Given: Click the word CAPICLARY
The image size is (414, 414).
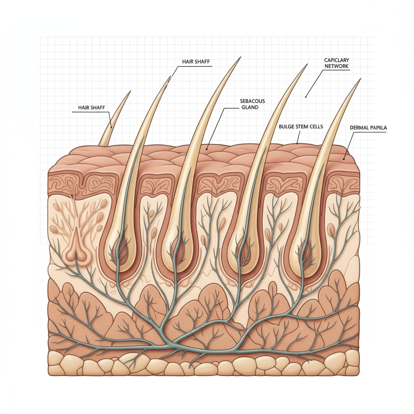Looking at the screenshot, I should pos(336,60).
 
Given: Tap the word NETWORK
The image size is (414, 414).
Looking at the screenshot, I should pos(336,66).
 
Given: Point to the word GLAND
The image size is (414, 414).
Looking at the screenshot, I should pos(249,108).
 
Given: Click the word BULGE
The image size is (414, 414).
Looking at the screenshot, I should pos(287,127).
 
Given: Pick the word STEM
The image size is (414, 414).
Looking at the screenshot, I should pos(303,127).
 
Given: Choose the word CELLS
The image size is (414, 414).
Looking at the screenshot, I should pos(317,127).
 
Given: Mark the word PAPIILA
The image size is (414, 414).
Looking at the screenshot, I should pos(377,128).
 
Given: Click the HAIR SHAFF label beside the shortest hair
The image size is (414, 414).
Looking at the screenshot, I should pos(91,108).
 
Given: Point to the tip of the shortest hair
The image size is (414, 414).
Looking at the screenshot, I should pos(130,91).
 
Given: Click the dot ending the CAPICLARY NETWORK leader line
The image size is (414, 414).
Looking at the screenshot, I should pos(306,97).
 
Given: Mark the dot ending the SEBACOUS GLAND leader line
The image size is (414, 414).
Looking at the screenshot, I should pos(207,149).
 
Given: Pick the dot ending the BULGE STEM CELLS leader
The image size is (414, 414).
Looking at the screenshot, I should pos(297,143).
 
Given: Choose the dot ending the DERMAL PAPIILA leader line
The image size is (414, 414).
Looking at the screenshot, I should pos(343,159).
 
